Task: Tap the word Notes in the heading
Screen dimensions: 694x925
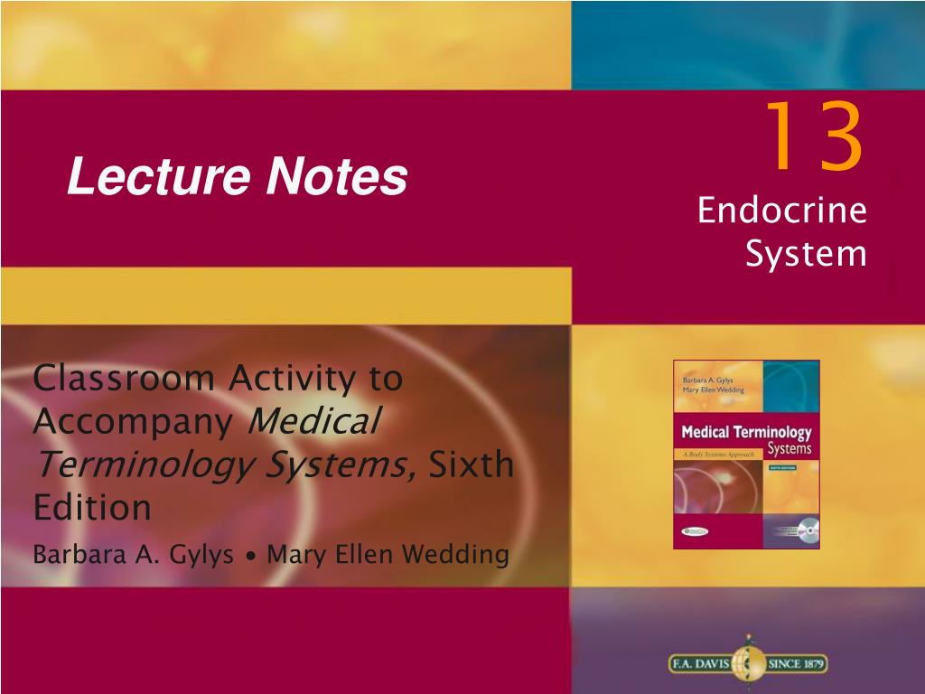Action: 336,177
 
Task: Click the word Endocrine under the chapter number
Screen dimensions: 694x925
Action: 781,212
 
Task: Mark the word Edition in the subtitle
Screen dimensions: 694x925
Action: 91,507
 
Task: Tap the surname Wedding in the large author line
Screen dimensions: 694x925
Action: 462,555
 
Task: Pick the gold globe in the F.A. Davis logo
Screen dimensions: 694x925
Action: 747,662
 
